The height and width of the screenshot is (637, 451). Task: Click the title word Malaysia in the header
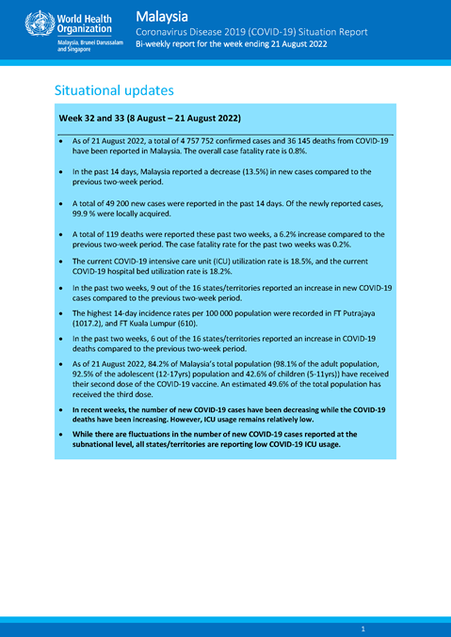click(161, 16)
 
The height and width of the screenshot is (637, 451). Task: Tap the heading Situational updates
click(114, 90)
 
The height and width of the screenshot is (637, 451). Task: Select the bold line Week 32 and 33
click(150, 119)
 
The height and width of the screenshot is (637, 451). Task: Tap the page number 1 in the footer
click(363, 628)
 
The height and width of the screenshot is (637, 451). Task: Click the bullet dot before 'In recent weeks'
click(61, 412)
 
